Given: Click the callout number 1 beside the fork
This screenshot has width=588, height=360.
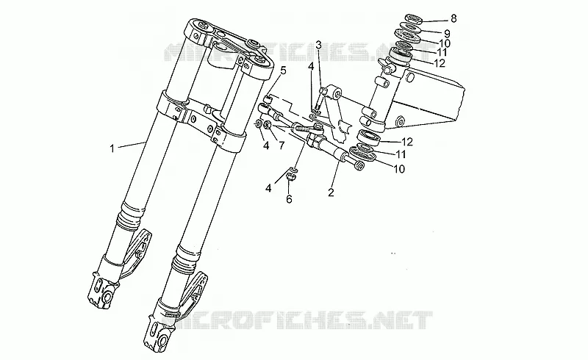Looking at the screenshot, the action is pyautogui.click(x=112, y=149).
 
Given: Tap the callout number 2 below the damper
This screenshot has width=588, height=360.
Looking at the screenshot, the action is pyautogui.click(x=331, y=192).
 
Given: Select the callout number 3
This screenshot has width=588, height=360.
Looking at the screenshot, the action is pyautogui.click(x=318, y=46).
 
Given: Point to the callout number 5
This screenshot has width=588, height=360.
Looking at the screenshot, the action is pyautogui.click(x=283, y=70).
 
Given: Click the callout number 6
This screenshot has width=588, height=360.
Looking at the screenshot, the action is pyautogui.click(x=289, y=199).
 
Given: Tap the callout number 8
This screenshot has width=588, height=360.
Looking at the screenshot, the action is pyautogui.click(x=453, y=18).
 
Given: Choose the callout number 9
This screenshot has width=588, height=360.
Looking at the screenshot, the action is pyautogui.click(x=447, y=34).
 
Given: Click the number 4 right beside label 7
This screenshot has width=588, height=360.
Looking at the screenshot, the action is pyautogui.click(x=266, y=145).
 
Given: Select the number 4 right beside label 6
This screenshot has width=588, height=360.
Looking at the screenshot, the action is pyautogui.click(x=268, y=188).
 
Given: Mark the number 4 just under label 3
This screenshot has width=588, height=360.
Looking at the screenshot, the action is pyautogui.click(x=311, y=67).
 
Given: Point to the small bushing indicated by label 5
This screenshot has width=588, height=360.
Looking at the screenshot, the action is pyautogui.click(x=268, y=100).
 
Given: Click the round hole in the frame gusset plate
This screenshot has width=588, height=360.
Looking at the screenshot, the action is pyautogui.click(x=400, y=120).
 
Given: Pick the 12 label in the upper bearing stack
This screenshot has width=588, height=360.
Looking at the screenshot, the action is pyautogui.click(x=439, y=63).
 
